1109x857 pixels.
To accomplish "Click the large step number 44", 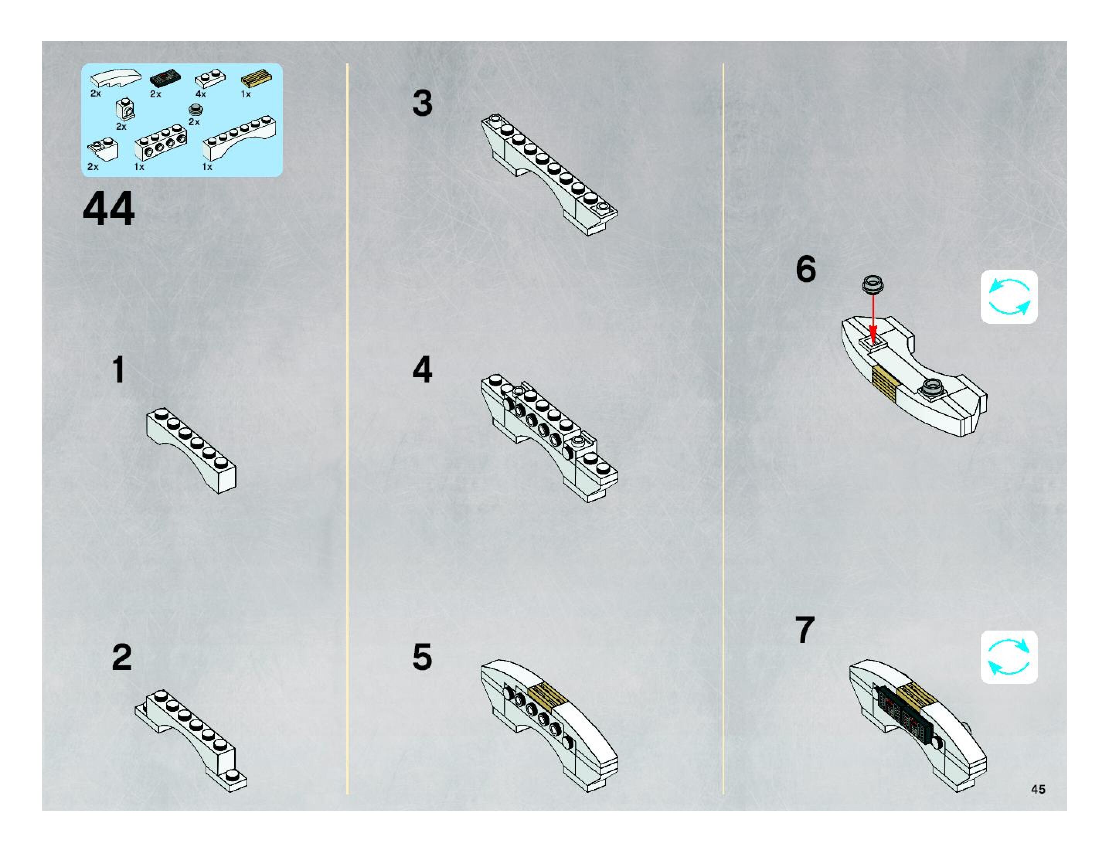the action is point(109,208).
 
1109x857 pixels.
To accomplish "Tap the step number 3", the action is point(422,103).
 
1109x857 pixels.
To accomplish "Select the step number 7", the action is point(805,630).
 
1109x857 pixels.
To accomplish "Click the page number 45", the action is point(1038,789).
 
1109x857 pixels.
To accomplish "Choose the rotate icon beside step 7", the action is point(1009,657).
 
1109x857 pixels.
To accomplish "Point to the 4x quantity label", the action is point(201,94).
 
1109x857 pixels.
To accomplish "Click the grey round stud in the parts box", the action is point(196,109).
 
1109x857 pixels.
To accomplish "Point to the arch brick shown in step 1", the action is point(191,450).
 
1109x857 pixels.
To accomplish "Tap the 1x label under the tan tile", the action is point(246,94).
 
